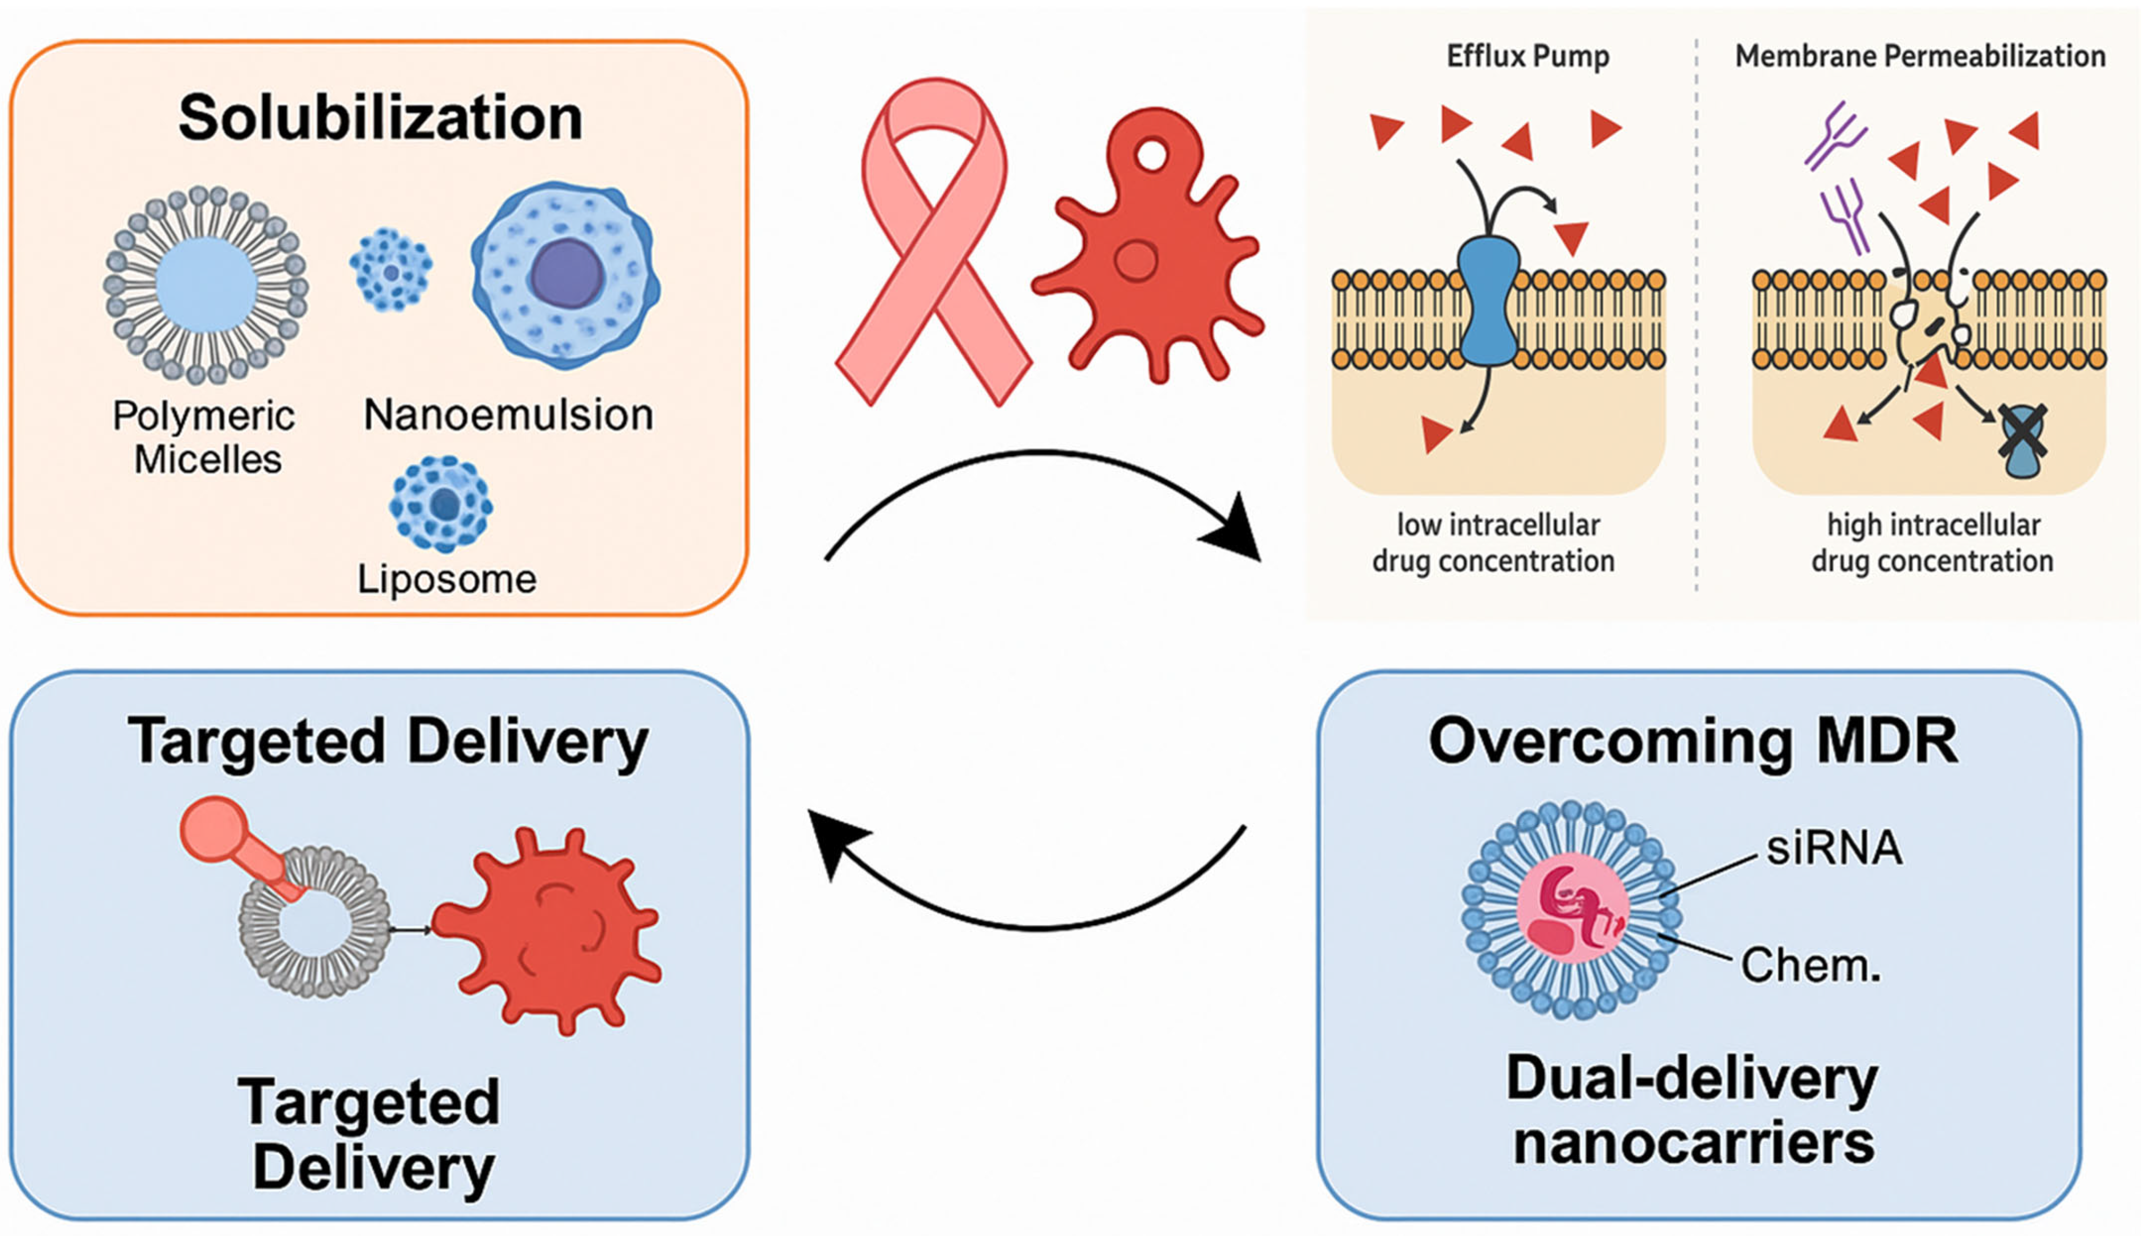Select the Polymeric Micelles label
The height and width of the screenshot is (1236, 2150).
pos(204,437)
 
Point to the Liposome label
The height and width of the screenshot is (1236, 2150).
pos(446,579)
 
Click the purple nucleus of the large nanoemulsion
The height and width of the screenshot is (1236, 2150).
pos(567,274)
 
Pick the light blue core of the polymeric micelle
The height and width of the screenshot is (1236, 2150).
pos(207,285)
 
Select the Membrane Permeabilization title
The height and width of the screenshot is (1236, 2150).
pos(1920,56)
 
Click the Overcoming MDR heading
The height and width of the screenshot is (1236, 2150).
pos(1693,741)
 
